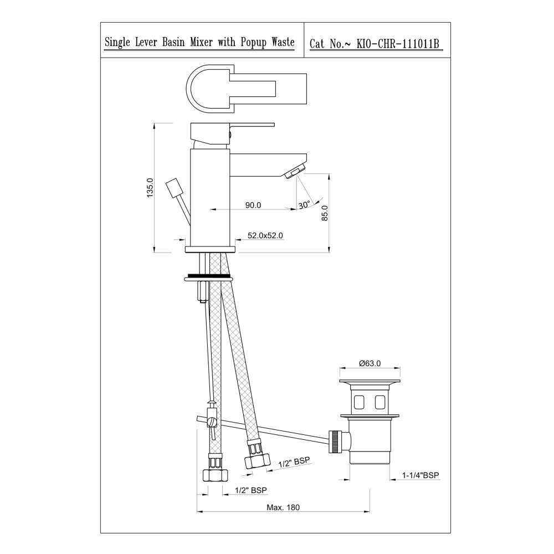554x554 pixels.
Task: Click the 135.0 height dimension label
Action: (151, 188)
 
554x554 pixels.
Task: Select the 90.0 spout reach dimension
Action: (253, 205)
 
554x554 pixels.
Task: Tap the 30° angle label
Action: (304, 204)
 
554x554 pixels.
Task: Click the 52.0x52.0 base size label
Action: (265, 235)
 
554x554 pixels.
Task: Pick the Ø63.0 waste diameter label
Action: (370, 363)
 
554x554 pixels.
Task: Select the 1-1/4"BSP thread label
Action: (420, 475)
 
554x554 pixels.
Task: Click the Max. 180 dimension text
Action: (283, 507)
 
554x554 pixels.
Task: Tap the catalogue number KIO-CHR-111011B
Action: (397, 44)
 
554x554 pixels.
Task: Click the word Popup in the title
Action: (253, 43)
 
